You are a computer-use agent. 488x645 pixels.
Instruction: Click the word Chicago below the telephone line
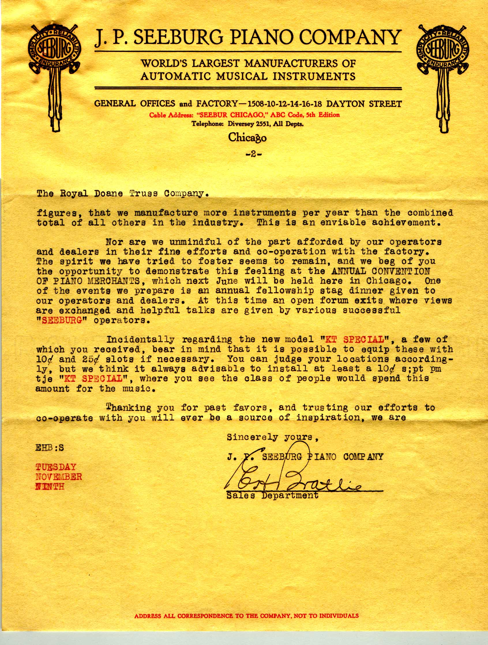tap(247, 138)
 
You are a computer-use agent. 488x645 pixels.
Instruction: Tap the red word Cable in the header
tap(158, 115)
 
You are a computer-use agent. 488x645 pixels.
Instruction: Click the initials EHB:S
tap(49, 448)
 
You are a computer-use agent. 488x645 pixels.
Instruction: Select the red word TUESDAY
tap(56, 467)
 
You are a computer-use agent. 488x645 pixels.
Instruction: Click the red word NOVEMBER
tap(59, 477)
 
